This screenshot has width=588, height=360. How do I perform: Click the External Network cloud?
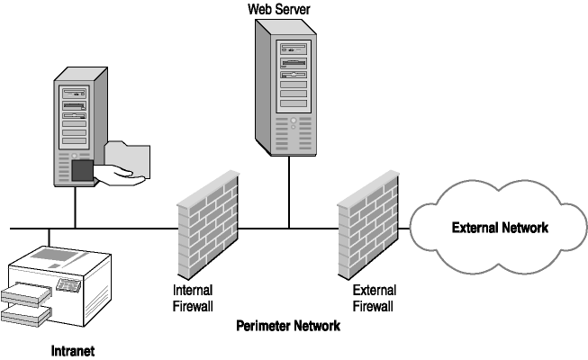click(498, 228)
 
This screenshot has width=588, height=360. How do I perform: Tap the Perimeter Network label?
click(287, 327)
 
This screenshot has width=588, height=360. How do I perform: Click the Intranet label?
click(72, 350)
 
